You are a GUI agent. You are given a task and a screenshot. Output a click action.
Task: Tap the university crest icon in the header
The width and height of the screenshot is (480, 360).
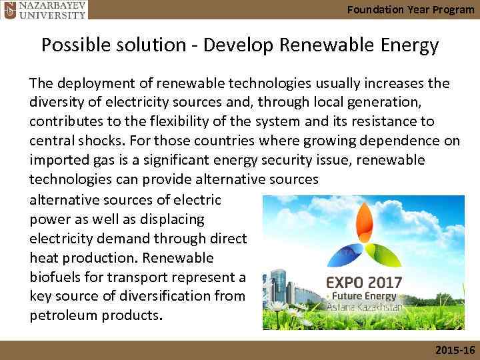7,9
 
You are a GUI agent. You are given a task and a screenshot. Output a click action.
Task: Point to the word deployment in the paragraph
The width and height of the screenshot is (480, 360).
91,83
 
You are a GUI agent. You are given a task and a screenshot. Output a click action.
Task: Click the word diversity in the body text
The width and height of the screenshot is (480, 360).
55,103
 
